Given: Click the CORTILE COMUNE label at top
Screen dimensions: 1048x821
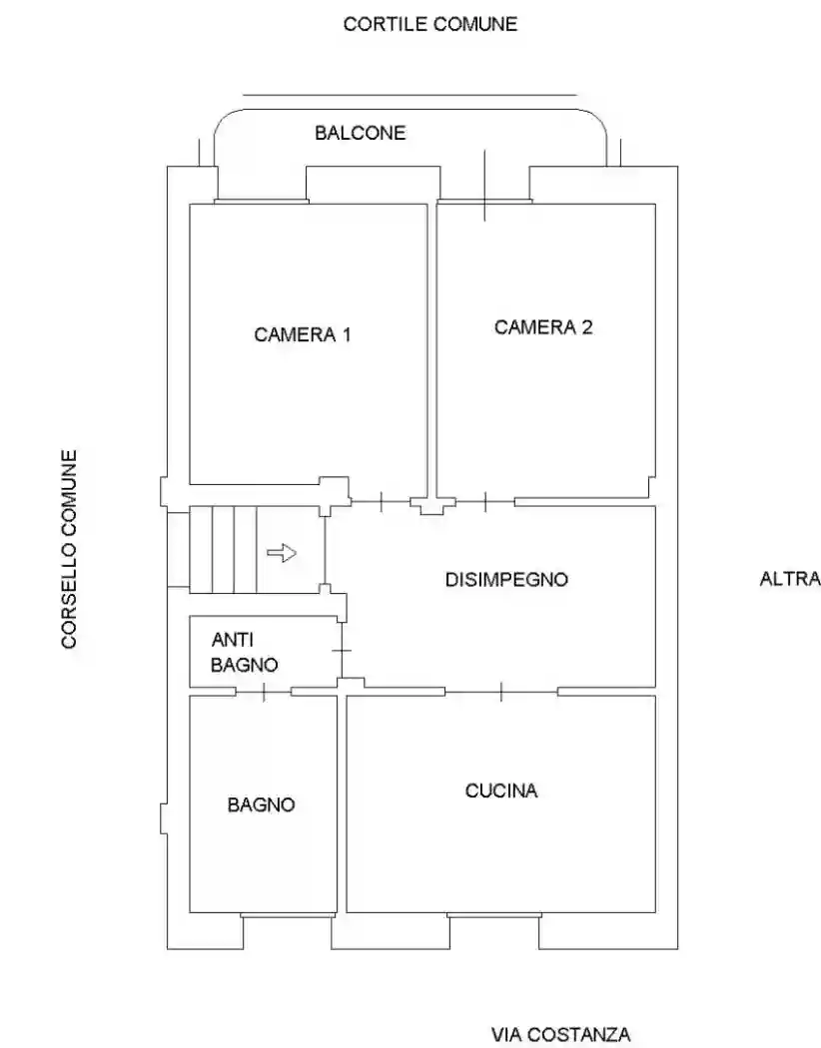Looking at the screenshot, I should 430,24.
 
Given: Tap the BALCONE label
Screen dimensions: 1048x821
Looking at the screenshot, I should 361,133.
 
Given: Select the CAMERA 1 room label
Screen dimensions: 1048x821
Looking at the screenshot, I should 302,334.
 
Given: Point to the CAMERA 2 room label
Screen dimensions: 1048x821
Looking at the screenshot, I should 543,326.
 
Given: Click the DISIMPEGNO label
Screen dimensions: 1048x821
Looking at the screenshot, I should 506,579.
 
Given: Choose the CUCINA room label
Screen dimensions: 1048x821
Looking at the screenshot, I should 501,790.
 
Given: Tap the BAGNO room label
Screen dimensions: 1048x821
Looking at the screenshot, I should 262,803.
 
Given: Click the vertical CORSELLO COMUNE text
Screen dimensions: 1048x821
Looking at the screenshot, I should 70,549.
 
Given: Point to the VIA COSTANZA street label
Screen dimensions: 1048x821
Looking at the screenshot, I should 560,1034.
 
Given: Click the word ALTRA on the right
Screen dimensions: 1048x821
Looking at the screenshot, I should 790,579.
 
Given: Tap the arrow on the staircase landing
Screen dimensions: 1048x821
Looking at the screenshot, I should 283,552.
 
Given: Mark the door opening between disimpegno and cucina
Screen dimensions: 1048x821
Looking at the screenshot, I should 500,691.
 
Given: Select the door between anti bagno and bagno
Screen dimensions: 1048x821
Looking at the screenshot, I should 263,692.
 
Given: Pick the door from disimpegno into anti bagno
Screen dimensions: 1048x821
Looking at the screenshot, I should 343,650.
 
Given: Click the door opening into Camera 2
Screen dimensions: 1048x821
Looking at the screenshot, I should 484,501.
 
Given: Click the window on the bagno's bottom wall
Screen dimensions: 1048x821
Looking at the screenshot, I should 288,915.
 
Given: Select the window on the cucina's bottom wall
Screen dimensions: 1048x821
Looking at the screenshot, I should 493,915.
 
